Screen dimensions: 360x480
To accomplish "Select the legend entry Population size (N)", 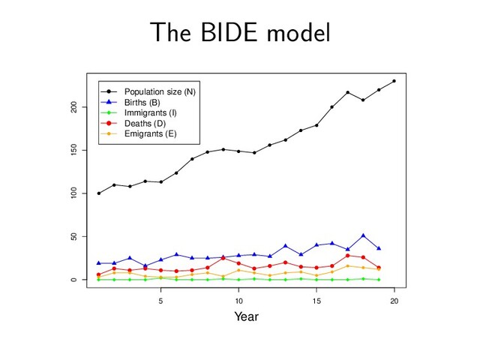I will [160, 91].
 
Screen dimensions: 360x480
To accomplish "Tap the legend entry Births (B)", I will [142, 102].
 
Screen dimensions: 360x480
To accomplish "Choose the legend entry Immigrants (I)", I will [149, 112].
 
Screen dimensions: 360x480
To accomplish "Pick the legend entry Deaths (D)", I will [145, 123].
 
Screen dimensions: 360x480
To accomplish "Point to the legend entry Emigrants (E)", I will [150, 133].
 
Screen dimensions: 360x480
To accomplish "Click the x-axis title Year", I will [246, 317].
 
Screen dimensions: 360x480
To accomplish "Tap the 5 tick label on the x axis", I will [160, 301].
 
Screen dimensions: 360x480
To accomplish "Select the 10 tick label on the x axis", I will [238, 301].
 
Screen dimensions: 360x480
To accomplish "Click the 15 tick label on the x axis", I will [316, 301].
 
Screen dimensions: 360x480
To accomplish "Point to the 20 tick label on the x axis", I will [394, 301].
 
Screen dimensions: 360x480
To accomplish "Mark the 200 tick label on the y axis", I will [74, 107].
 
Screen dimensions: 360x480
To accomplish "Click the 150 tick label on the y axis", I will [74, 150].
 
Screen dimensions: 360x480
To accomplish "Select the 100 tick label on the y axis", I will [74, 193].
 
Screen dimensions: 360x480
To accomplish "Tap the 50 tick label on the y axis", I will [74, 237].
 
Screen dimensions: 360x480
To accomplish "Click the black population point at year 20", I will [394, 81].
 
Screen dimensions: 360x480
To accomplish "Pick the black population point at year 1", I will [98, 193].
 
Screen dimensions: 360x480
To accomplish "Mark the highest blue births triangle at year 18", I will [363, 235].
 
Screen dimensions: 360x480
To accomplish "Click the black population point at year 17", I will [348, 92].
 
